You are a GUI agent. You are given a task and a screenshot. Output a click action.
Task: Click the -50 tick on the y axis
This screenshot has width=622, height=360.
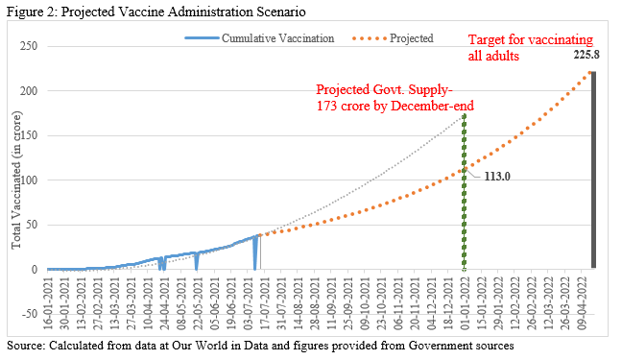[x=30, y=314]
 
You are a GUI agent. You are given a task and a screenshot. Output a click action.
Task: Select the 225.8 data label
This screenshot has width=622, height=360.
[x=586, y=57]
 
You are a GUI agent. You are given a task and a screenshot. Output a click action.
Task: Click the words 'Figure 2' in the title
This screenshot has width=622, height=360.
[x=28, y=12]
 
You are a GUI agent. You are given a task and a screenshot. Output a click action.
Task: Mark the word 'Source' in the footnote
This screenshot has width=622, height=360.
[x=24, y=344]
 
